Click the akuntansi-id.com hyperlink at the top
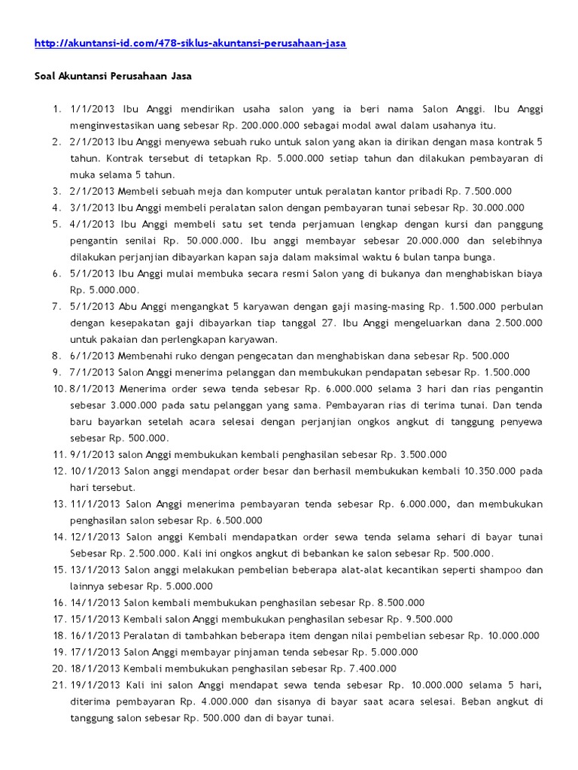click(x=190, y=44)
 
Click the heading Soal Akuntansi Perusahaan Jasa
click(x=114, y=76)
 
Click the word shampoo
click(x=497, y=570)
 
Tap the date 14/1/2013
click(x=95, y=603)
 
